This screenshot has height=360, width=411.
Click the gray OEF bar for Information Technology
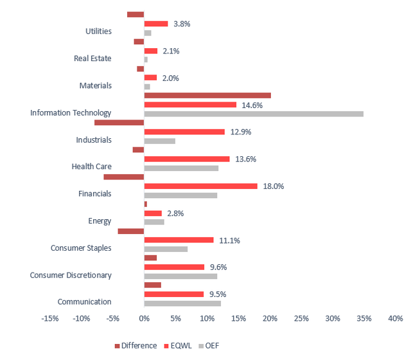click(254, 114)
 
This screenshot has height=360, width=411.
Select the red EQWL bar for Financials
click(200, 186)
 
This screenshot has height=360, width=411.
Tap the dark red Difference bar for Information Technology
click(207, 95)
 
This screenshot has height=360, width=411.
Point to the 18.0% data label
click(274, 186)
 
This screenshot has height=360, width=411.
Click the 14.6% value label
click(252, 105)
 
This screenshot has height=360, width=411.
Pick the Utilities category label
click(98, 31)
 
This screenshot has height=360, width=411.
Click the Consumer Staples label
click(81, 248)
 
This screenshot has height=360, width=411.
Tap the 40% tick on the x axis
click(396, 318)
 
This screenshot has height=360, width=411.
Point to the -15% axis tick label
click(50, 318)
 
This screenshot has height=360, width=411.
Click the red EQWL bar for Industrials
click(184, 132)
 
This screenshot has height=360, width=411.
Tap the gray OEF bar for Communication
click(182, 303)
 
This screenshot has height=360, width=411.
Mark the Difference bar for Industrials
click(119, 122)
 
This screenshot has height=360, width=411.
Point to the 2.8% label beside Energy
click(175, 213)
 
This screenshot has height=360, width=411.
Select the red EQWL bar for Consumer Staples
click(179, 240)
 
